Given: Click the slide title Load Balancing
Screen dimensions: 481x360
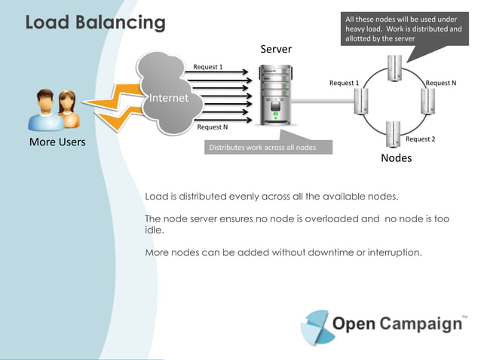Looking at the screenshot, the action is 96,23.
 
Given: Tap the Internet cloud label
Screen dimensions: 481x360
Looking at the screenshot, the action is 169,98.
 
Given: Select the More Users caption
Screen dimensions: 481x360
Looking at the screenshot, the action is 57,142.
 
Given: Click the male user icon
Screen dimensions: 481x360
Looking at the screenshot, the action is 45,110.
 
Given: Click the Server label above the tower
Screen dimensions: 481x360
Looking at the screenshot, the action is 276,49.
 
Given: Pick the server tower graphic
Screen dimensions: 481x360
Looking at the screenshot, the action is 275,95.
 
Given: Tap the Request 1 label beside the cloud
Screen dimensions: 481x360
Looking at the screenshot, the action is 208,67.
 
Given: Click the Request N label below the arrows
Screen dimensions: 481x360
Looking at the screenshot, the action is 213,127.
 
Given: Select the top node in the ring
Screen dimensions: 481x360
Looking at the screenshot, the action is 394,68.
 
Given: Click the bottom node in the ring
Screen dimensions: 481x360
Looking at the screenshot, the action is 394,134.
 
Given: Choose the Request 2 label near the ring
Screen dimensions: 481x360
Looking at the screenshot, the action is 420,139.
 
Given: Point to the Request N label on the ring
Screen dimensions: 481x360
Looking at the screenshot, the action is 441,83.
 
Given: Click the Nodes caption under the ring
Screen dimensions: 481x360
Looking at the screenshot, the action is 397,158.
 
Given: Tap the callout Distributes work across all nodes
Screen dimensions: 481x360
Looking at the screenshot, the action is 268,148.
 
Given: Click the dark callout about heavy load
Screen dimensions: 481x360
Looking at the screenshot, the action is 405,29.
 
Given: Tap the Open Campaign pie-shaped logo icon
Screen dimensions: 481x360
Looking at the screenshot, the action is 317,327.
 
